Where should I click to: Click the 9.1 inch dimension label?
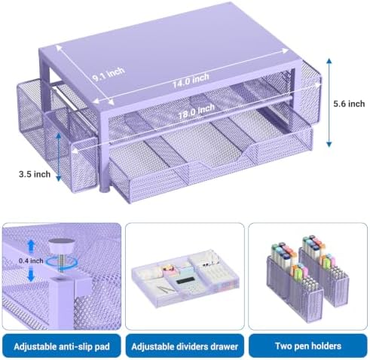(109, 74)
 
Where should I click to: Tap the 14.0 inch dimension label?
(191, 81)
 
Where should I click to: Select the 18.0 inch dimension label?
(197, 111)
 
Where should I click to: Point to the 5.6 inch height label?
(349, 104)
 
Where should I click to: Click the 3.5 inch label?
(35, 174)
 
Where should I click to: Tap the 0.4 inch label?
(31, 261)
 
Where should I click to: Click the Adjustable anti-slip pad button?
(62, 346)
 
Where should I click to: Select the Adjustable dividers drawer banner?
(185, 346)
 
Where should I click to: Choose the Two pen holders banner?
(308, 346)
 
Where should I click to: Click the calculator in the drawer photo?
(186, 282)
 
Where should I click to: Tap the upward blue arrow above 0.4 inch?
(31, 246)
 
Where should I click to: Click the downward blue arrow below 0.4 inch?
(31, 274)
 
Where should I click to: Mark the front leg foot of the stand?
(105, 188)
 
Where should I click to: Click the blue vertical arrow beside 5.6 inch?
(329, 102)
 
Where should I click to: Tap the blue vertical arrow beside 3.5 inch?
(59, 157)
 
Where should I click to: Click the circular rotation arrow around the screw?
(62, 263)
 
